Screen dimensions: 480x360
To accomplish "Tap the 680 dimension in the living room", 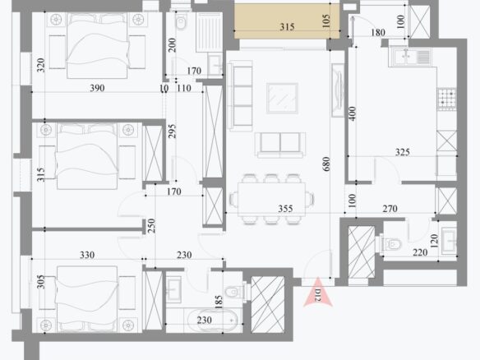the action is click(326, 164).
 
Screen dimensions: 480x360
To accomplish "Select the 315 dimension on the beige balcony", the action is click(287, 27).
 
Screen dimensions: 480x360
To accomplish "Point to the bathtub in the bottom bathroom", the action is click(212, 321).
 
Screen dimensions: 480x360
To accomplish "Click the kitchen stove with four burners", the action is click(447, 99).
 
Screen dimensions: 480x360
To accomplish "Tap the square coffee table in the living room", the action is click(282, 99).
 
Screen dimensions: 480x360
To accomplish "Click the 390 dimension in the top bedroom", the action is click(97, 88).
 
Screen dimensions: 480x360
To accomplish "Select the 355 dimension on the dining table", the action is click(285, 209).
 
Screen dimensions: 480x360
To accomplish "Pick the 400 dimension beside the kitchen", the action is click(353, 113).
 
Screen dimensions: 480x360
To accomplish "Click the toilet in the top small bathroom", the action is click(181, 22).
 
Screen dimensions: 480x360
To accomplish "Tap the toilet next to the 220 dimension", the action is click(391, 244).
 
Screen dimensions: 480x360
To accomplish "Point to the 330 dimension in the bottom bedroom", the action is click(87, 255).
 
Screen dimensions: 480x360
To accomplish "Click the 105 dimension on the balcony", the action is click(326, 21).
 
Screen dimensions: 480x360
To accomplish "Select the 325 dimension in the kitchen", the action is click(402, 152).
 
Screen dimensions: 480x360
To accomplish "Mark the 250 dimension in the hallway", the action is click(151, 225).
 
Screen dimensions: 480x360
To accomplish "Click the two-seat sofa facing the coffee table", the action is click(280, 145).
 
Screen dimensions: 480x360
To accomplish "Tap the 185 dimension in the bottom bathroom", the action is click(219, 302).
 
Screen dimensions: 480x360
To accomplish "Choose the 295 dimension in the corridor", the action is click(172, 131).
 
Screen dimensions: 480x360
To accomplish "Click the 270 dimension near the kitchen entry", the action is click(390, 209).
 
